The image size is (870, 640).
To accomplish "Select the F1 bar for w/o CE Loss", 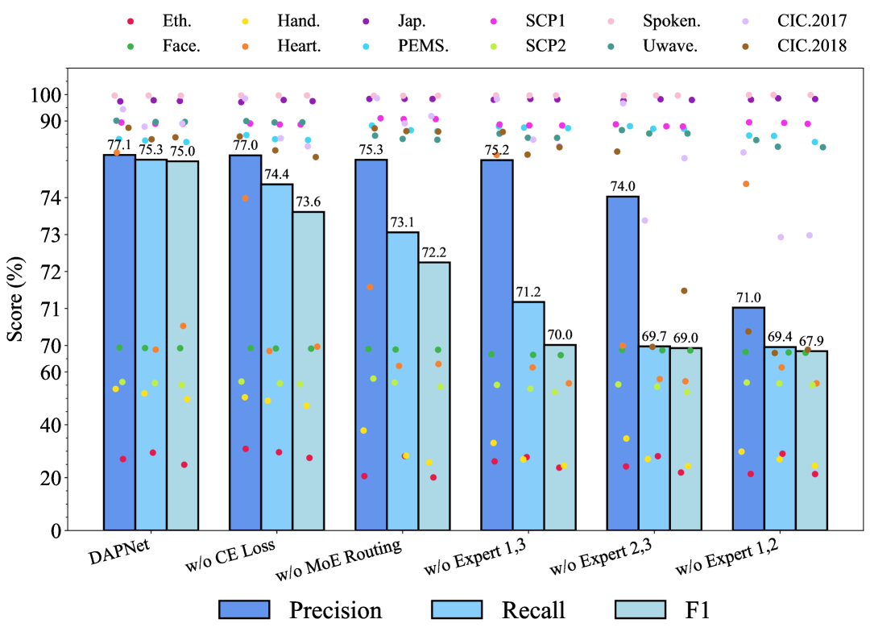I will point(309,371).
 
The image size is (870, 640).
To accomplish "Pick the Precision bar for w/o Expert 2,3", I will point(623,363).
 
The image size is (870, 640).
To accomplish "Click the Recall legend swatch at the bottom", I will point(456,609).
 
